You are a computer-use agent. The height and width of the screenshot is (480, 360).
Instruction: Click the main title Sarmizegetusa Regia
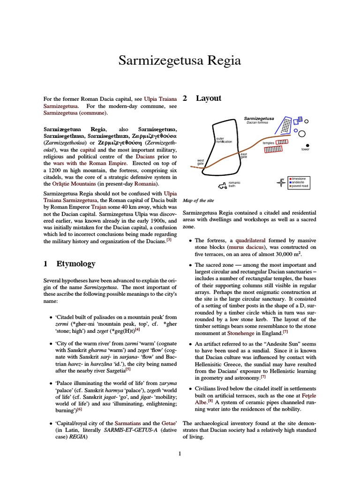pos(180,60)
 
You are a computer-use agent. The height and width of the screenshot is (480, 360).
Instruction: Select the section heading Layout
pos(208,98)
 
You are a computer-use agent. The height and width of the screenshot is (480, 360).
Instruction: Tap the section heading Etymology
pos(75,263)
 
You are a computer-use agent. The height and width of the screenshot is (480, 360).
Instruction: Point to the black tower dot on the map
pos(307,145)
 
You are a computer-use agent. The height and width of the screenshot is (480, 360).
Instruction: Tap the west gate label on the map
pos(201,162)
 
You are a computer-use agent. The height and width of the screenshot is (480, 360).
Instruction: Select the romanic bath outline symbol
pos(222,184)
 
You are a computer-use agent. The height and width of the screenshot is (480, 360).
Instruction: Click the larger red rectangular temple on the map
pos(273,150)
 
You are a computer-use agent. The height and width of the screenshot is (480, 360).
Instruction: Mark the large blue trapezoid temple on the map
pos(284,125)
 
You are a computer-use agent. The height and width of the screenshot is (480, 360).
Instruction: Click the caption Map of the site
pos(198,200)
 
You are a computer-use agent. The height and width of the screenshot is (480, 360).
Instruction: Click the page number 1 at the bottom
pos(180,453)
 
